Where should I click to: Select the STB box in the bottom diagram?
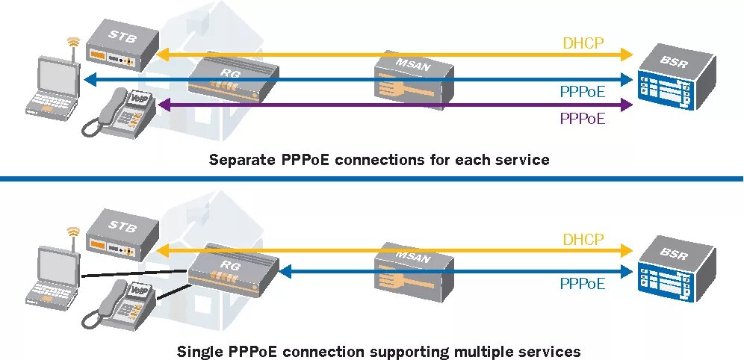click(x=122, y=235)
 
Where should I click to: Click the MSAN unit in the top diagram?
click(x=414, y=80)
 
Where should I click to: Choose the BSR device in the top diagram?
click(x=676, y=76)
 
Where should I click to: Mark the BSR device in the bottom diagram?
click(x=676, y=269)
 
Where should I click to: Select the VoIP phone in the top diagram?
click(x=121, y=113)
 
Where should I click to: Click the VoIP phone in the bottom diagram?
click(x=121, y=305)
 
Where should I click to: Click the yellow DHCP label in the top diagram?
click(x=583, y=43)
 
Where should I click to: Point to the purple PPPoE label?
click(x=583, y=118)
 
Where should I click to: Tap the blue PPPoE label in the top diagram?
click(x=583, y=91)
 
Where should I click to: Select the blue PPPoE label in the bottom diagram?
click(x=583, y=284)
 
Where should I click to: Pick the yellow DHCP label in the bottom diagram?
click(x=583, y=239)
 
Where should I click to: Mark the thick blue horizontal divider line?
click(x=372, y=179)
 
